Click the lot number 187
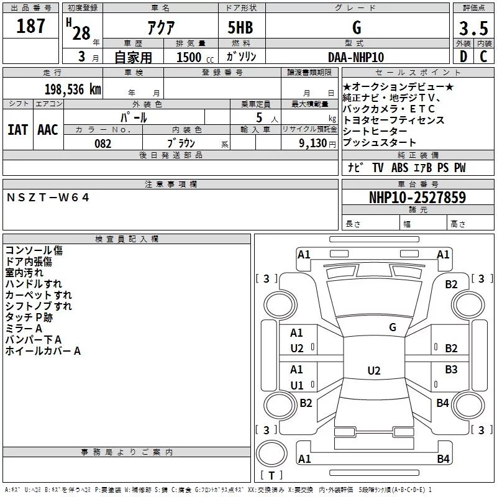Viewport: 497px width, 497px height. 32,26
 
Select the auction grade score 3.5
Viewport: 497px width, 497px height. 472,29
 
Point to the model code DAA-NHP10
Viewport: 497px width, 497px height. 356,57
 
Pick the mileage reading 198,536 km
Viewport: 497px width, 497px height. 73,89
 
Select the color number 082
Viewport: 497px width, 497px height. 103,144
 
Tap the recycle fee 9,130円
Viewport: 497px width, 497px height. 317,144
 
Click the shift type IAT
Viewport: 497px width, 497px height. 18,129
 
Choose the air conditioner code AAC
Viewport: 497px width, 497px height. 48,129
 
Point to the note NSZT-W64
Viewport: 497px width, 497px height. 48,198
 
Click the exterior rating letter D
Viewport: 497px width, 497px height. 463,57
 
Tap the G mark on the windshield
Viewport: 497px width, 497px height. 393,327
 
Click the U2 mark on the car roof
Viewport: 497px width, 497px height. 373,371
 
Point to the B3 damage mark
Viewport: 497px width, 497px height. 451,370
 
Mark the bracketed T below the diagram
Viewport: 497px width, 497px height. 271,476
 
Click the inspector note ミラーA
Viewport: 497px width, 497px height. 24,329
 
